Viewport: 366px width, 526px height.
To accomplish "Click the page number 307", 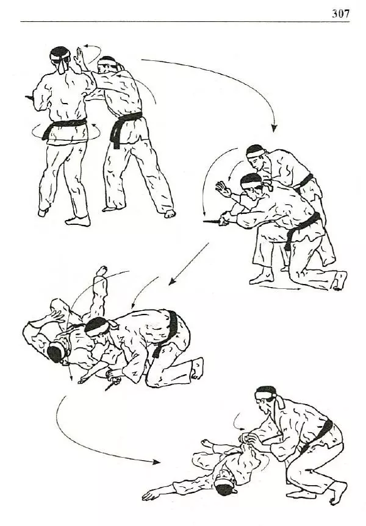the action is click(x=340, y=13).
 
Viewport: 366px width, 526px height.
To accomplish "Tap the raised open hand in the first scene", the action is click(x=79, y=57).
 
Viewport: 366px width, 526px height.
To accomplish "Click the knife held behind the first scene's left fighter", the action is click(x=29, y=98).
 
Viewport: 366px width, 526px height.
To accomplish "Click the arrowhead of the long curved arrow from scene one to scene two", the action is click(x=274, y=128).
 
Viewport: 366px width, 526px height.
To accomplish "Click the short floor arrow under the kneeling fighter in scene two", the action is click(x=281, y=288).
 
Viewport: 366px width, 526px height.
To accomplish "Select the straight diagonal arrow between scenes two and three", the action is click(x=188, y=265).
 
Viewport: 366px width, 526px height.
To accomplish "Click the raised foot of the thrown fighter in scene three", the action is click(x=101, y=271).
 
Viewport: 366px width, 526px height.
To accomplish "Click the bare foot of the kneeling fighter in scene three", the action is click(x=198, y=368).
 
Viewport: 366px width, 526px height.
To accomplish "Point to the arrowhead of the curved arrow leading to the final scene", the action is click(x=156, y=462).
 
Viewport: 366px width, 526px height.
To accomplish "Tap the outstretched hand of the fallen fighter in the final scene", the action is click(x=149, y=495).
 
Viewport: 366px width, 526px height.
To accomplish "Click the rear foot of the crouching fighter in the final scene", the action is click(x=337, y=492).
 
